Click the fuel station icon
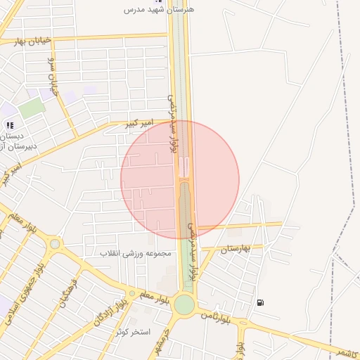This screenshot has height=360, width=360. [x=261, y=302]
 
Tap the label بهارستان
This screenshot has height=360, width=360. [x=236, y=249]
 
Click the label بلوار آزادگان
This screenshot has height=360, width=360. [x=108, y=311]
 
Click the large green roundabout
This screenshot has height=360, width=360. [x=184, y=304]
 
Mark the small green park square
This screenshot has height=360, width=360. [x=30, y=109]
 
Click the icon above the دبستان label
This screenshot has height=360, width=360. [x=10, y=124]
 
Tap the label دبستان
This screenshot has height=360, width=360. [x=12, y=136]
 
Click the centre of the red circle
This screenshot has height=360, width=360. [x=180, y=179]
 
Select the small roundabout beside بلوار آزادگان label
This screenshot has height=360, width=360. [x=131, y=294]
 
